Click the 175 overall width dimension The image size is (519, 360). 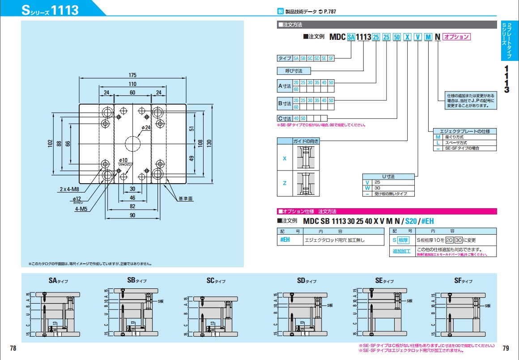(132, 75)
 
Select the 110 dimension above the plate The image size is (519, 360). (132, 84)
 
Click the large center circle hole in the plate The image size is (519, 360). (132, 143)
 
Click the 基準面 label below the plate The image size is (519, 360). (184, 198)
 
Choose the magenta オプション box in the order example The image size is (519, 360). (456, 37)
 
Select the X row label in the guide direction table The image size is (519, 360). (285, 158)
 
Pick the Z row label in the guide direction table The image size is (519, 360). (285, 184)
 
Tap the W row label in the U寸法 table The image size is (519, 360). (367, 188)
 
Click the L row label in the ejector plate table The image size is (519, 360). (438, 142)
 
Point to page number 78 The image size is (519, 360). (13, 348)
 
